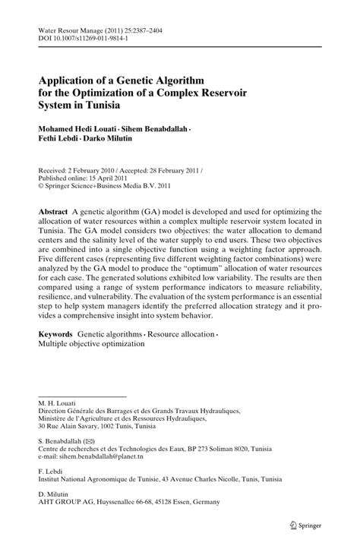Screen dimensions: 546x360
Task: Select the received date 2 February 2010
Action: coord(90,171)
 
